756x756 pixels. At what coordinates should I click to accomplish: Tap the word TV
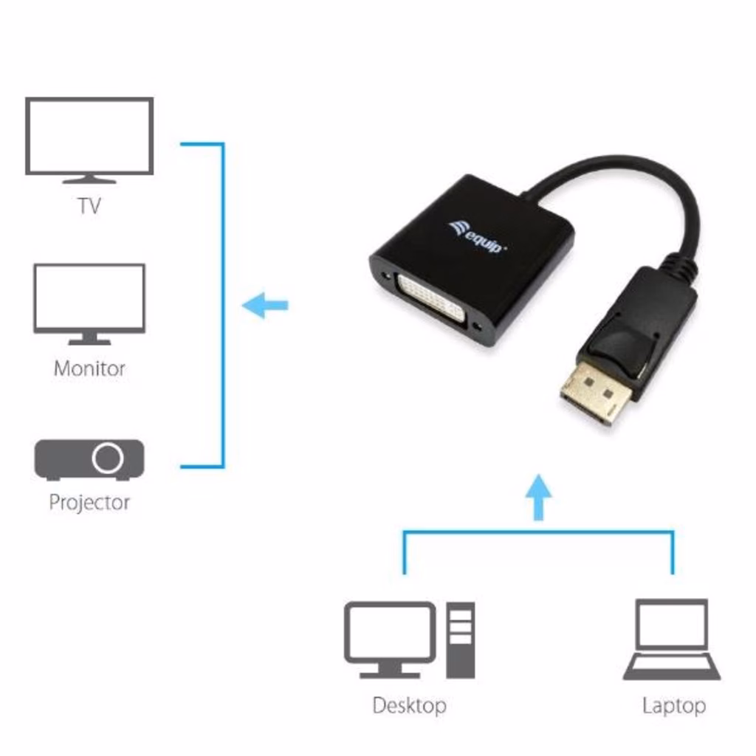pos(89,205)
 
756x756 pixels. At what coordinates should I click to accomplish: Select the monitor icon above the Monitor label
pos(89,302)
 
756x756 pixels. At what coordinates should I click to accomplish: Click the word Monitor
pos(89,368)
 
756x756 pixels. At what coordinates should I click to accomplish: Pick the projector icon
pos(89,459)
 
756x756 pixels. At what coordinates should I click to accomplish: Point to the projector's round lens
pos(108,458)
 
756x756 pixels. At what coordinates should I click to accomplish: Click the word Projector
pos(89,503)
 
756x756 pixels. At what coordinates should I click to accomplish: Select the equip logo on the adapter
pos(478,237)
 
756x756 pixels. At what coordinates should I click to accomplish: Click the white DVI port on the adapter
pos(431,298)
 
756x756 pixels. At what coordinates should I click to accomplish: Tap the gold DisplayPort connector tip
pos(595,392)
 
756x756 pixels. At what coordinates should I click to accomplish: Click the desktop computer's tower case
pos(461,639)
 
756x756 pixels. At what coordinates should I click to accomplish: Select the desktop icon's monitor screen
pos(390,632)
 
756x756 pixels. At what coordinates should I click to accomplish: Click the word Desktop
pos(409,705)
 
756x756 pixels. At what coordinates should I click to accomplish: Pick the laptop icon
pos(672,639)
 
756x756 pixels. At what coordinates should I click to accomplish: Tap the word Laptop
pos(673,705)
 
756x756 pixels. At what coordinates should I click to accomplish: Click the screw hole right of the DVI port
pos(483,327)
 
